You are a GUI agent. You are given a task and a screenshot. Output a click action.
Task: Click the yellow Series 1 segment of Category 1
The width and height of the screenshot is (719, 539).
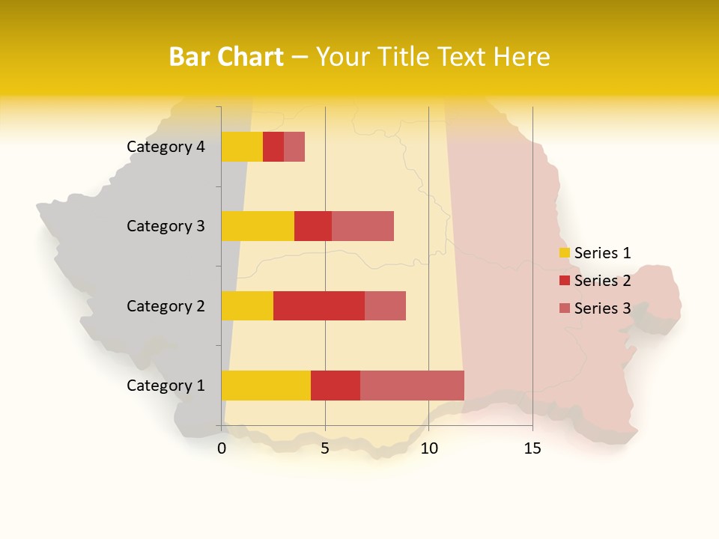coord(266,385)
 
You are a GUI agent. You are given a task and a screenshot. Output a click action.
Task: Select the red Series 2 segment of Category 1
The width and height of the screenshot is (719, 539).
coord(336,385)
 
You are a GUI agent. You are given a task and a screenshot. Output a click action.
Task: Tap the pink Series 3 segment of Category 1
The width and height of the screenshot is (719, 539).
coord(412,385)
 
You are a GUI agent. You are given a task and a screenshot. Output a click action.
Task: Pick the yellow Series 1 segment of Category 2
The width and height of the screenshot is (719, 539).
coord(247,305)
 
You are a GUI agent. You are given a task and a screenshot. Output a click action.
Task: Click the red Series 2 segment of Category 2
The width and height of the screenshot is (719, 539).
coord(319,305)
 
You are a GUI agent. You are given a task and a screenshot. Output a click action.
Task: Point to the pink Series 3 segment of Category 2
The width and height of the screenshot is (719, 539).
coord(385,305)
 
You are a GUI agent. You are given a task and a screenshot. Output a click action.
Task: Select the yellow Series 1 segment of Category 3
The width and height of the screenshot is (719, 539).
coord(258,226)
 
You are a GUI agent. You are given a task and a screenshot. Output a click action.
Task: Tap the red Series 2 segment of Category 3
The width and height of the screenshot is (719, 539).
coord(313,226)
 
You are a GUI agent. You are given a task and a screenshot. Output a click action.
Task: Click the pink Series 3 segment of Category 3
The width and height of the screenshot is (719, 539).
coord(362,226)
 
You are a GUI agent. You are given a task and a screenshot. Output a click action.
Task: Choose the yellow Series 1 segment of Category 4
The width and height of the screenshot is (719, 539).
coord(242,147)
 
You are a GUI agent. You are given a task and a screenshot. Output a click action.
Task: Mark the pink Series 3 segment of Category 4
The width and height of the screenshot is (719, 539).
coord(294,147)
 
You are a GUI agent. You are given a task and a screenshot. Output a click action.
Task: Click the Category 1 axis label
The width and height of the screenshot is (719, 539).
coord(166,386)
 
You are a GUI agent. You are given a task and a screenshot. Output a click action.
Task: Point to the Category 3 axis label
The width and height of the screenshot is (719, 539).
coord(166,226)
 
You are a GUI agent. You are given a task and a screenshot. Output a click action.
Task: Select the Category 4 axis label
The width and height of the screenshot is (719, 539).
coord(166,147)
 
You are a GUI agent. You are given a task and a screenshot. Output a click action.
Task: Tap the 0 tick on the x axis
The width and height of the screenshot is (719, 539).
coord(222,448)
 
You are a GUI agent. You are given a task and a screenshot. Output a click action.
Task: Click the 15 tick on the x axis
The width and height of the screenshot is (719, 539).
coord(533,448)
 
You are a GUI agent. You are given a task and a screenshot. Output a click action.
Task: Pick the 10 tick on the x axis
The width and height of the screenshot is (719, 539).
coord(428,448)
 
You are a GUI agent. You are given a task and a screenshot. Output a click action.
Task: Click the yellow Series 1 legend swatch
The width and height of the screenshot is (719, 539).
coord(565,253)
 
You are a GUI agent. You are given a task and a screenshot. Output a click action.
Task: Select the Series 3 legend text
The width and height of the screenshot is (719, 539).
coord(602,308)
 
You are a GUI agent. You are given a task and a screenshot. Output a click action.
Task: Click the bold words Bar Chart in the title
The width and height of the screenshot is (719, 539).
coord(226,57)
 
